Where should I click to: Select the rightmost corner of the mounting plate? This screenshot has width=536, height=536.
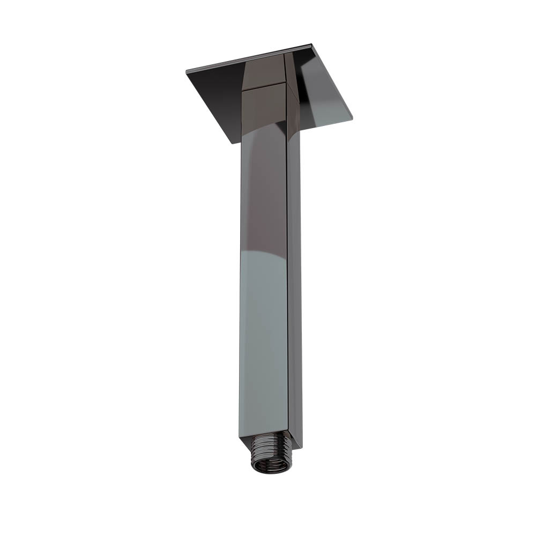point(352,116)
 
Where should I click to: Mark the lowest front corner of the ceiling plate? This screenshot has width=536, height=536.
point(233,143)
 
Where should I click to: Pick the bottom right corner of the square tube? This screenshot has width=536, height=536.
point(302,448)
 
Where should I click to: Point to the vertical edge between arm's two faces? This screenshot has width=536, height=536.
point(287,268)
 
